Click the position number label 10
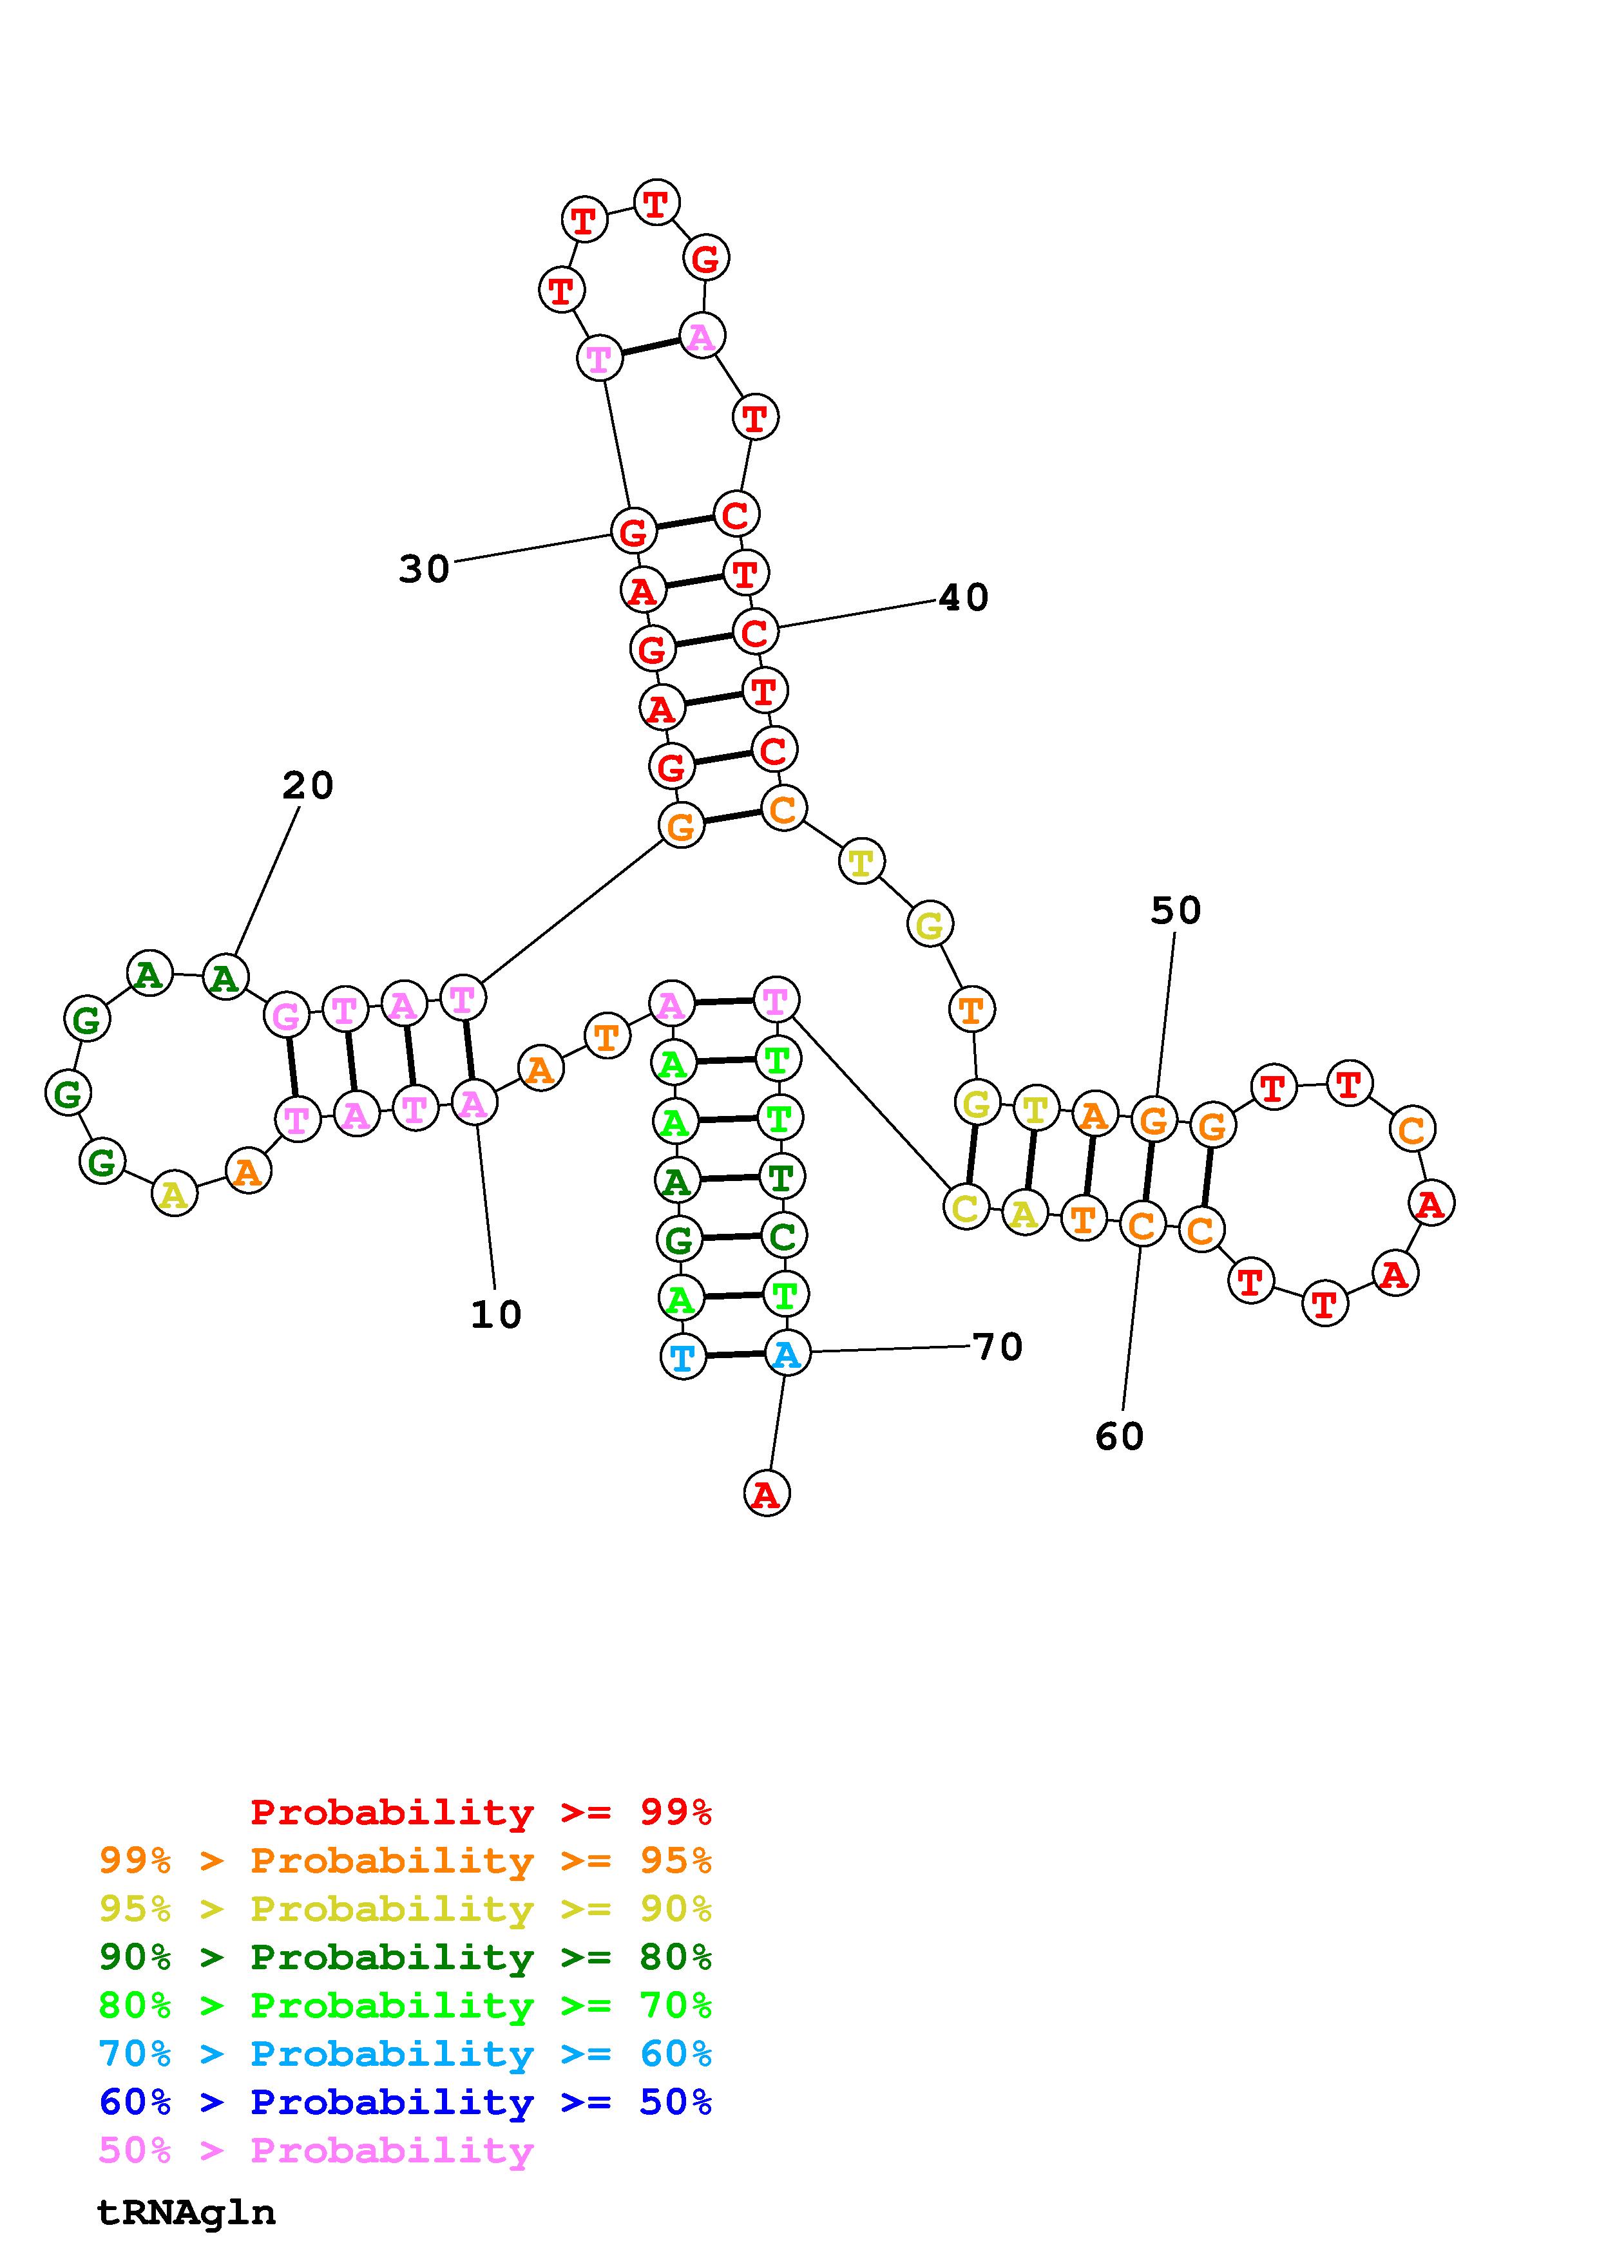point(496,1314)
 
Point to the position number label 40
point(963,597)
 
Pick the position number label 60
point(1120,1437)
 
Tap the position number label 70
point(998,1347)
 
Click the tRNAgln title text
point(187,2212)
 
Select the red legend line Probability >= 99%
point(481,1812)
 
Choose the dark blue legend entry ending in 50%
point(405,2102)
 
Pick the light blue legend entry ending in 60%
point(405,2054)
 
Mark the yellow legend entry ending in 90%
point(405,1909)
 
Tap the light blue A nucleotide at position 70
point(786,1355)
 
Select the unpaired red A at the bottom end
point(767,1493)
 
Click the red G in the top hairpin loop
point(705,260)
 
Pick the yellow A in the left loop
point(174,1195)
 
